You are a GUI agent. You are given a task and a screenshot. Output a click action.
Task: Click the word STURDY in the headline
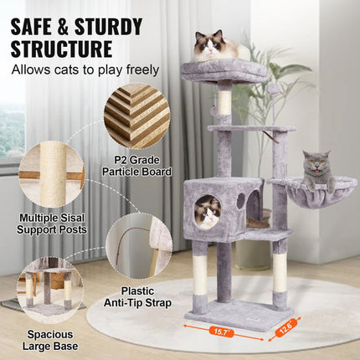tap(111, 27)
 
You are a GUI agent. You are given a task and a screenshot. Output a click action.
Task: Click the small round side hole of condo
tap(239, 201)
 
